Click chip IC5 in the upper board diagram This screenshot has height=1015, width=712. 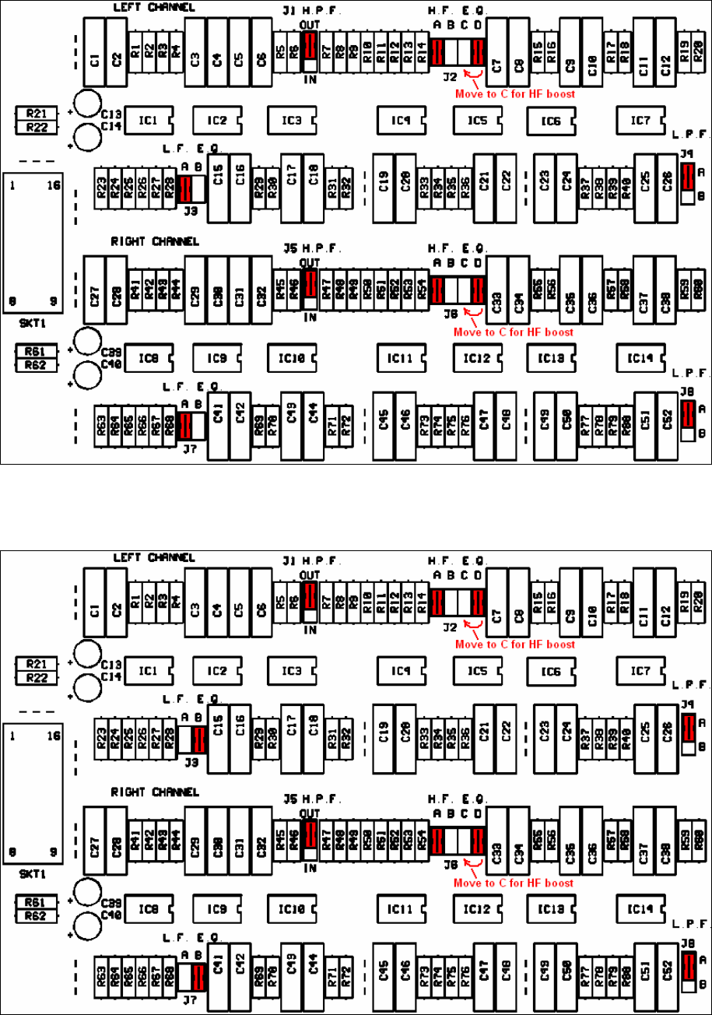coord(476,121)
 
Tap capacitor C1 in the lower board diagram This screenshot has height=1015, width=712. coord(94,608)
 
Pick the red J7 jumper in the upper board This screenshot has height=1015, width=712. coord(184,425)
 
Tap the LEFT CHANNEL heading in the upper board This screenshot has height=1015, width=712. coord(154,7)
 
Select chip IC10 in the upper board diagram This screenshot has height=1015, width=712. coord(291,359)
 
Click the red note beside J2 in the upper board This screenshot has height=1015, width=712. coord(515,93)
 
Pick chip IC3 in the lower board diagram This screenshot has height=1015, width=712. coord(291,670)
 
